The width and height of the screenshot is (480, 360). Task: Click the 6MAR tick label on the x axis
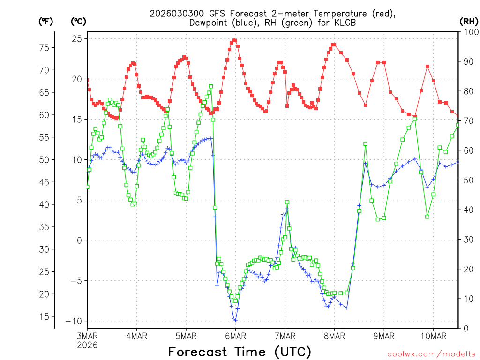(235, 336)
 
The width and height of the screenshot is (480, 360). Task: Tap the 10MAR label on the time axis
(433, 336)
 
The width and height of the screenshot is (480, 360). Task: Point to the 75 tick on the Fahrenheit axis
(44, 47)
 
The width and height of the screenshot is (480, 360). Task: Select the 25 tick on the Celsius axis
(76, 38)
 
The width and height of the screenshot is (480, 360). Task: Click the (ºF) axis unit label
(45, 21)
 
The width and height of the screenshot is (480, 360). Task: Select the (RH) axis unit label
(469, 21)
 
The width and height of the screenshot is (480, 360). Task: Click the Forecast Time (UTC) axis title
(240, 352)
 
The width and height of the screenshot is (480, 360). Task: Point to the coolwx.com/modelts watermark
(431, 353)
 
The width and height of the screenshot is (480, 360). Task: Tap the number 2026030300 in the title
(176, 13)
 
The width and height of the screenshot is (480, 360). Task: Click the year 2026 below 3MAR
(88, 345)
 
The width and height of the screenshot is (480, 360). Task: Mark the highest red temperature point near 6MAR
(234, 40)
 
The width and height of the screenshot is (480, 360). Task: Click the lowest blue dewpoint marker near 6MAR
(235, 320)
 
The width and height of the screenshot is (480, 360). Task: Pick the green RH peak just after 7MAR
(287, 202)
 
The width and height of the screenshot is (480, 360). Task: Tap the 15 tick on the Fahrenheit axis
(44, 316)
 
